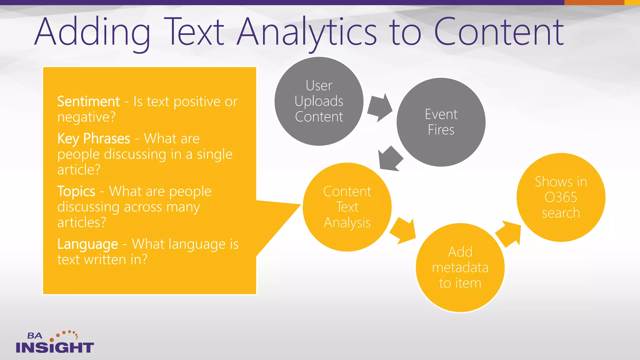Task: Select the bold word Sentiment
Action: (x=88, y=102)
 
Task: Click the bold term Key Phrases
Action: (x=93, y=138)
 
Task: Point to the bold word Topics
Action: (x=76, y=191)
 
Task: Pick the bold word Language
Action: (x=87, y=244)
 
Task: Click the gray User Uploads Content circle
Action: (x=319, y=101)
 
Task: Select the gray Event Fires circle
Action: (x=441, y=122)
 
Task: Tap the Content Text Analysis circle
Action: (x=347, y=207)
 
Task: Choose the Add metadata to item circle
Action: (x=460, y=267)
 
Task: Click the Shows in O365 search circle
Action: (x=561, y=197)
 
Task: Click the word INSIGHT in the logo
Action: (x=55, y=347)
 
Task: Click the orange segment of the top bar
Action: (x=594, y=2)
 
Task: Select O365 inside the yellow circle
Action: (x=561, y=197)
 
